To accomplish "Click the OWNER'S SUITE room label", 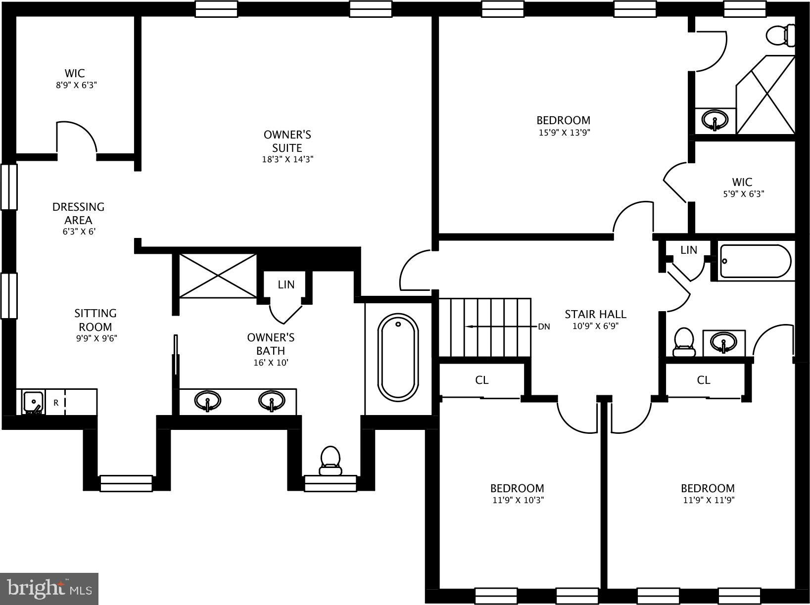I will tap(287, 141).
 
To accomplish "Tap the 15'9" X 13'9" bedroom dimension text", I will tap(564, 133).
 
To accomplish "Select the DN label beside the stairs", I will tap(544, 326).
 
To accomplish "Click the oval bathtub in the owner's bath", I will tap(398, 357).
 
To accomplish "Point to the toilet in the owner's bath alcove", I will tap(330, 460).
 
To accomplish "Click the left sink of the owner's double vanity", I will tap(207, 401).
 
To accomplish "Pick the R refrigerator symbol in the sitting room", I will tap(56, 403).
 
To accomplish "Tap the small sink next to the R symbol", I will tap(33, 401).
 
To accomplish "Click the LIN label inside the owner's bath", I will tap(286, 284).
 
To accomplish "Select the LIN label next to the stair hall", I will tap(688, 250).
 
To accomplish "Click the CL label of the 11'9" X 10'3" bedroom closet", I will tap(481, 380).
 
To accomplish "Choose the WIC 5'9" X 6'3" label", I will tap(743, 187).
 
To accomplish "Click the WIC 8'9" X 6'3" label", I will tap(75, 79).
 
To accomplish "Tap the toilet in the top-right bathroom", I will tap(779, 36).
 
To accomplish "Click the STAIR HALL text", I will tap(595, 314).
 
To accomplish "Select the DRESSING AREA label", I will tap(78, 213).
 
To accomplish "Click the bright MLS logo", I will tap(50, 589).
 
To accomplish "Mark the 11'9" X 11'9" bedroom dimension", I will tap(708, 500).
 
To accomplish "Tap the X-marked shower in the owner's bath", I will tap(218, 276).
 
